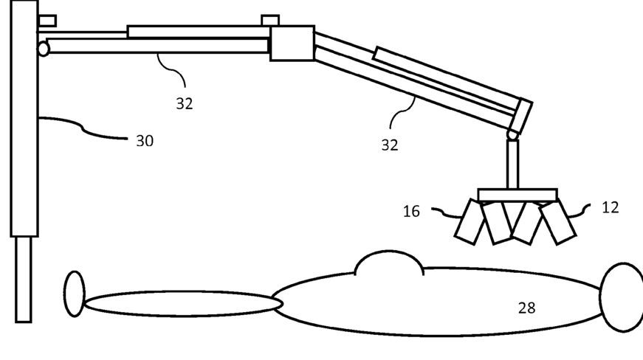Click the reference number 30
(x=145, y=140)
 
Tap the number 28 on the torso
(x=526, y=308)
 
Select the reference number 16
(x=411, y=212)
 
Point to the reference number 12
(x=610, y=207)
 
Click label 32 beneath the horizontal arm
(x=185, y=104)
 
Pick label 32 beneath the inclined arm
(x=390, y=145)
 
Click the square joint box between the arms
(x=292, y=43)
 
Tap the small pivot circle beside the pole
(x=43, y=49)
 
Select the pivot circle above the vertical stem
(x=512, y=135)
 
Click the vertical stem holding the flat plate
(x=512, y=164)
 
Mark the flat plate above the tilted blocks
(x=517, y=195)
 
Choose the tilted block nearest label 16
(x=470, y=222)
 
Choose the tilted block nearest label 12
(x=558, y=221)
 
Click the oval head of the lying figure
(x=622, y=297)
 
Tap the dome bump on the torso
(x=389, y=264)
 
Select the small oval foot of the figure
(x=74, y=294)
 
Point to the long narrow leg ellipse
(x=183, y=303)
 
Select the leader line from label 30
(x=85, y=128)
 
